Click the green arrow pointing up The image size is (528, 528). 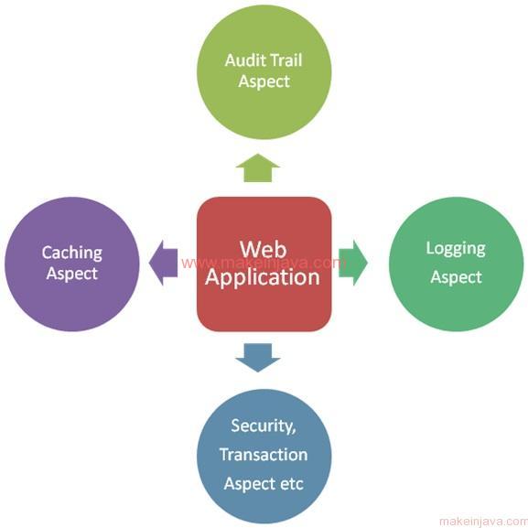[258, 168]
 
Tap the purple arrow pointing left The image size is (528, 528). [163, 263]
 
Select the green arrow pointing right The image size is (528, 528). [353, 263]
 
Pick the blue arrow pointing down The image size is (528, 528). [258, 358]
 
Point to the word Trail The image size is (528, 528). [286, 60]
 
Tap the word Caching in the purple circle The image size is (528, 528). [72, 253]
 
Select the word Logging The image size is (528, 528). [456, 249]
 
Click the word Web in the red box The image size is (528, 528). [264, 250]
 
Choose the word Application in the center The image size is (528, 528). [263, 278]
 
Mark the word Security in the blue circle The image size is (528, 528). [264, 426]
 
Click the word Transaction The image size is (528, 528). [264, 455]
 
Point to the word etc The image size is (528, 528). [291, 484]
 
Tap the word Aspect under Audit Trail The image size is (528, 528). [264, 81]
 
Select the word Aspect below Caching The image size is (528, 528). [72, 274]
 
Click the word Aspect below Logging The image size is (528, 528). [457, 278]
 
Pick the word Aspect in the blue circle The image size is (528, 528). [250, 485]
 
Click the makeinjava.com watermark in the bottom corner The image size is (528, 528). [483, 522]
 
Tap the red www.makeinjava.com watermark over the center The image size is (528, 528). [264, 263]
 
